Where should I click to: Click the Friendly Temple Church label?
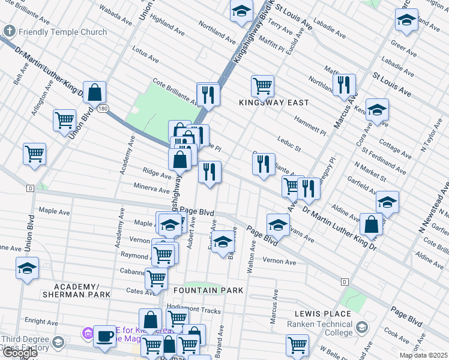tap(62, 32)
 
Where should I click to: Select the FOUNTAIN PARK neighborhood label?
tap(208, 290)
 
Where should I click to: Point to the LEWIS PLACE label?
tap(322, 314)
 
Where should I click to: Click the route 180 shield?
tap(104, 109)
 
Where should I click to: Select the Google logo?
tap(19, 353)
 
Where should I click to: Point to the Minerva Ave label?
tap(152, 188)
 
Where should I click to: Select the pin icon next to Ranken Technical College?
tap(362, 328)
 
